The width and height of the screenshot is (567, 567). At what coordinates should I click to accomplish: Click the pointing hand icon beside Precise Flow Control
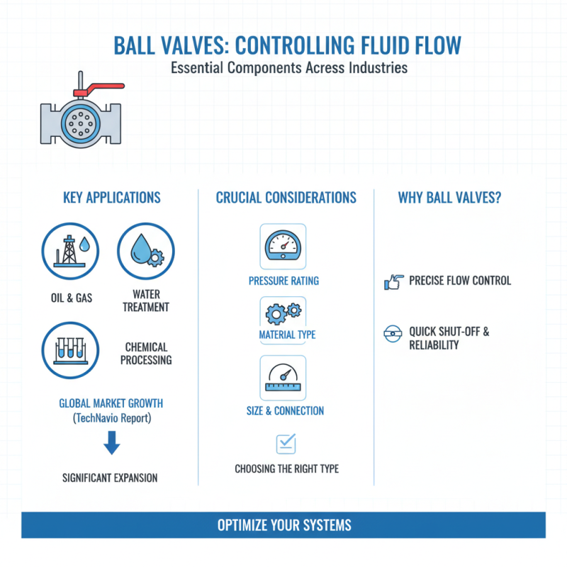(x=393, y=281)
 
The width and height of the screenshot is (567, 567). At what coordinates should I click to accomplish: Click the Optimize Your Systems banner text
(x=283, y=526)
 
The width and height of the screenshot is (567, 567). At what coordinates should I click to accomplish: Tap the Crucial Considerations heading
(x=286, y=198)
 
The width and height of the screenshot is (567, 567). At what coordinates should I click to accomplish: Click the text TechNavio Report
(x=111, y=419)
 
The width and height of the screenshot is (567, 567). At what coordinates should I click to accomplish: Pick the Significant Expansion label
(x=110, y=478)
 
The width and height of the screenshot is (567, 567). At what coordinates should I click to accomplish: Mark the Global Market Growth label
(x=111, y=403)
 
